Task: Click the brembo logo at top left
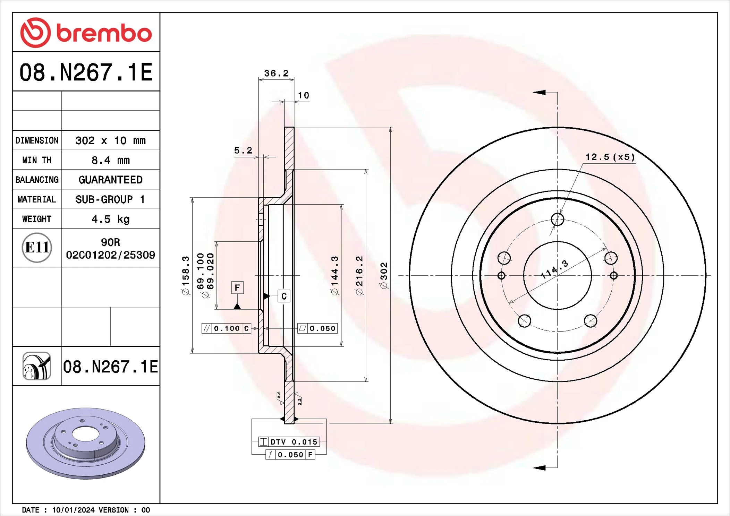86,33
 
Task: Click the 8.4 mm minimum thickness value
110,160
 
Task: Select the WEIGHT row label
37,219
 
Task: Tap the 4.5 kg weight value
110,219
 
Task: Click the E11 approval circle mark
37,248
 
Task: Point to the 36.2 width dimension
276,73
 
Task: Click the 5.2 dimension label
243,150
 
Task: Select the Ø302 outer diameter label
384,275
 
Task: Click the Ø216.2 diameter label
359,275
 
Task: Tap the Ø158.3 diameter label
186,275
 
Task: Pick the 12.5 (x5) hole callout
610,157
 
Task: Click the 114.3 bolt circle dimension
554,269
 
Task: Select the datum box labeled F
237,287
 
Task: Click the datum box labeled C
284,296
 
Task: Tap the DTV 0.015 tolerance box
289,442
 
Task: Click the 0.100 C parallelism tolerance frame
226,328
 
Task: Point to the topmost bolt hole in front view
557,219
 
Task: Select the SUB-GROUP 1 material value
110,199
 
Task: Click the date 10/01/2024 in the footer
73,510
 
